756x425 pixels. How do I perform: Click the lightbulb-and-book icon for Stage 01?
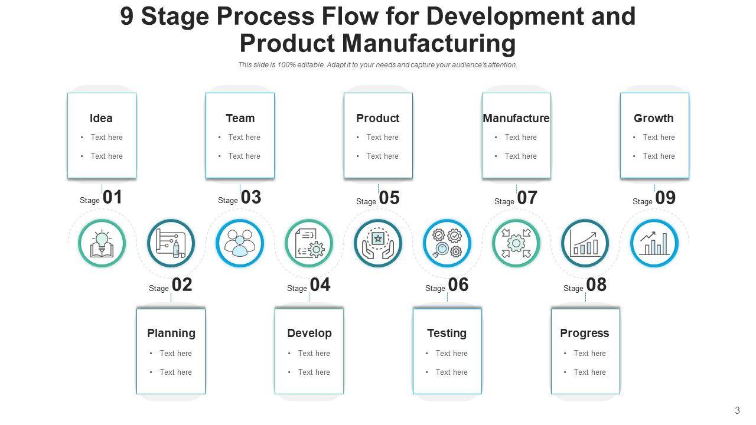tap(102, 243)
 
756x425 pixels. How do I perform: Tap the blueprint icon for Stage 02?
tap(171, 243)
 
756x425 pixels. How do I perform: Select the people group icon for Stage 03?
tap(240, 243)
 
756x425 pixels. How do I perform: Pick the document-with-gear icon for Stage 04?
tap(309, 243)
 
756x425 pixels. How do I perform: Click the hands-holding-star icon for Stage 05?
tap(378, 243)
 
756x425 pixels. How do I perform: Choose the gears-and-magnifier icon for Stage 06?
tap(447, 243)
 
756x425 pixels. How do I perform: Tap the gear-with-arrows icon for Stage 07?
tap(516, 243)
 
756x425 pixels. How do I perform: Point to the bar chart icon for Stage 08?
tap(585, 243)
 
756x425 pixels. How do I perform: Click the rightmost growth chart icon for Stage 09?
tap(654, 243)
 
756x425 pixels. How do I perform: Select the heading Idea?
tap(101, 118)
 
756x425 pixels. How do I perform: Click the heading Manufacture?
tap(516, 118)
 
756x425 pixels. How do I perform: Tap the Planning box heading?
tap(171, 333)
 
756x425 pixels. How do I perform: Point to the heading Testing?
tap(447, 333)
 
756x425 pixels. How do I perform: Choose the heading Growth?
tap(654, 118)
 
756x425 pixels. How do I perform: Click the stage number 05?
tap(389, 198)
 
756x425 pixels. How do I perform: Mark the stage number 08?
tap(597, 285)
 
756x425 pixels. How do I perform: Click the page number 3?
tap(737, 410)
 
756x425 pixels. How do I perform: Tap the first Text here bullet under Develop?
tap(314, 353)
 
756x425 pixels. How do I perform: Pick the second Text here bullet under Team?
tap(244, 156)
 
